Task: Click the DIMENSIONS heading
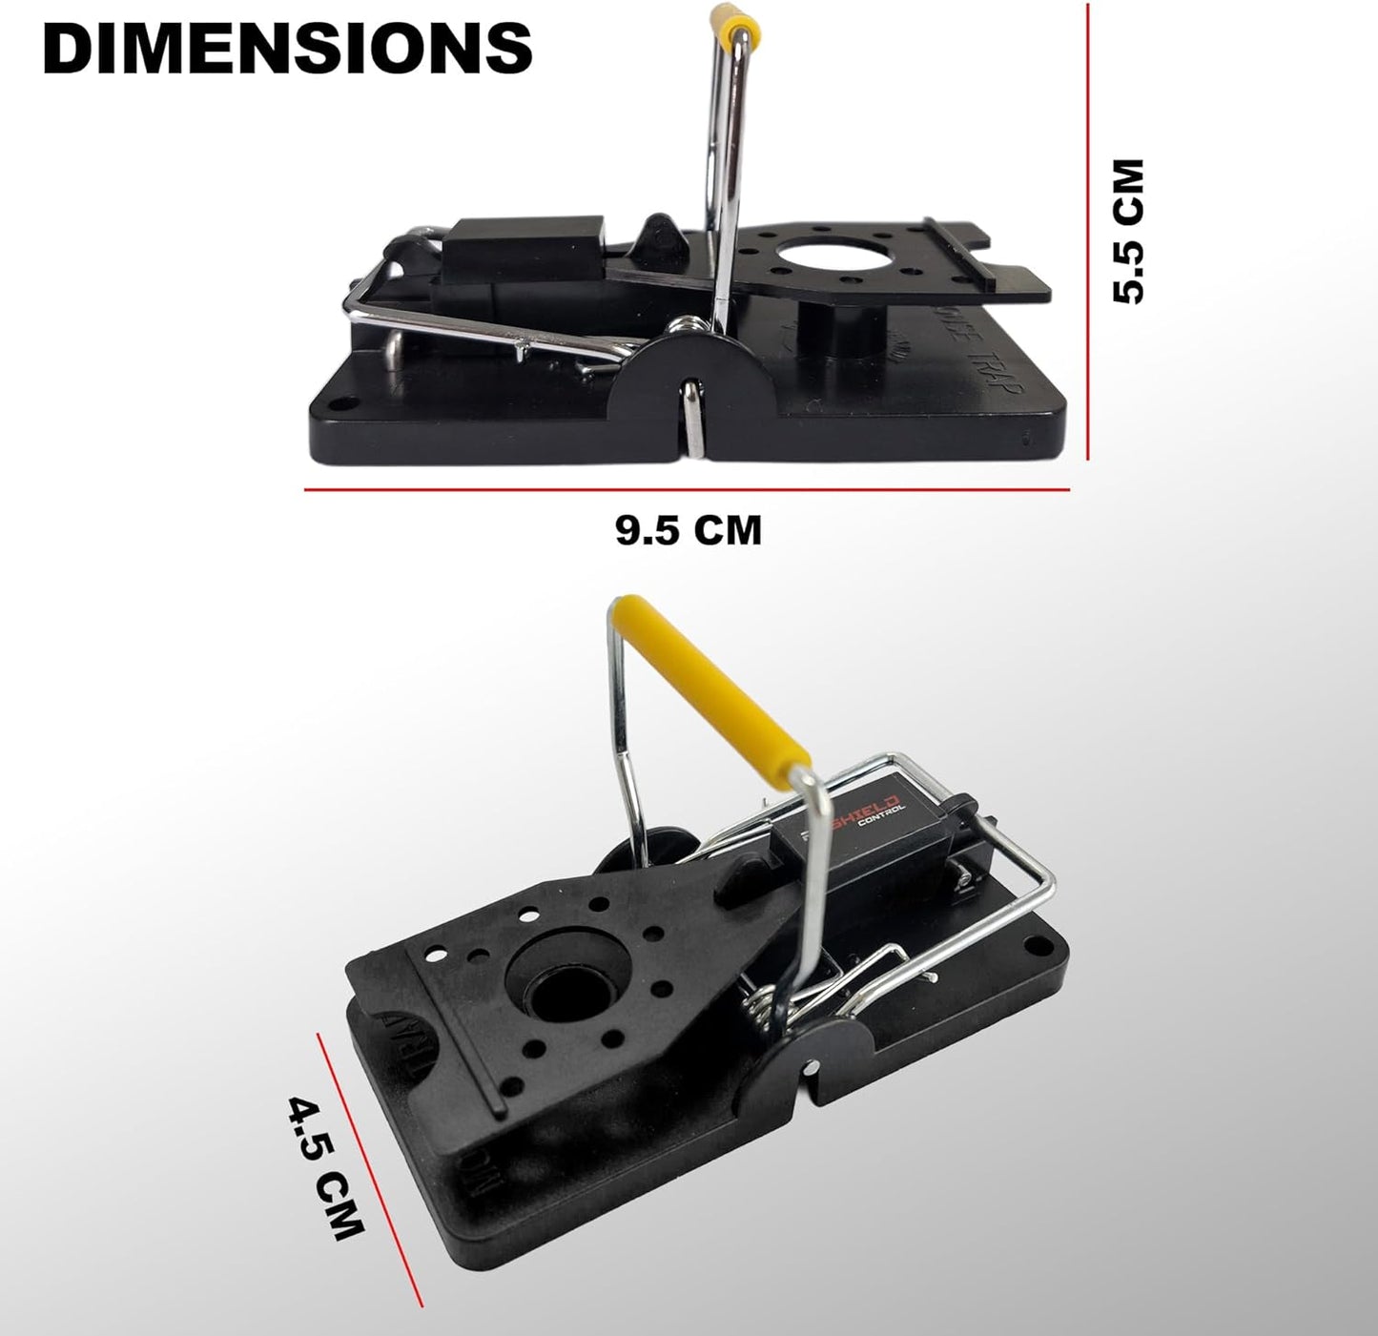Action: point(287,48)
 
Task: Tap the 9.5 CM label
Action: point(689,530)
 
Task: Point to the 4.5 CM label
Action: point(327,1169)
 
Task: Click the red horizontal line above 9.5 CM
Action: point(687,490)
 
